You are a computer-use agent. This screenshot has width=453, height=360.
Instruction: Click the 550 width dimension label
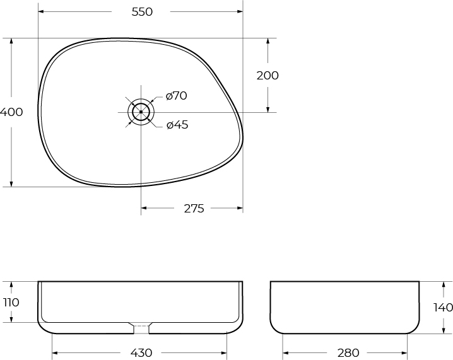pos(142,12)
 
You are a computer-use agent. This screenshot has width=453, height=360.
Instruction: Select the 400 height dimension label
pos(11,112)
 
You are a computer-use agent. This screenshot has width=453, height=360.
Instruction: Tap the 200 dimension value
pos(268,76)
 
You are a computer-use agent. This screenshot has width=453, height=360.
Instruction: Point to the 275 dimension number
pos(194,209)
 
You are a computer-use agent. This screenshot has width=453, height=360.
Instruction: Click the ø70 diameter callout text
pos(176,96)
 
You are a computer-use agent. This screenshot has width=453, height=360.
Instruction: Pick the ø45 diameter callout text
pos(177,125)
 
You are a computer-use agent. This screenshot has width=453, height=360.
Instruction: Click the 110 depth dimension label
pos(11,303)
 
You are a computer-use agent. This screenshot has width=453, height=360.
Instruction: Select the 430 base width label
pos(141,353)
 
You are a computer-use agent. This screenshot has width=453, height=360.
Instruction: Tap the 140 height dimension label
pos(443,308)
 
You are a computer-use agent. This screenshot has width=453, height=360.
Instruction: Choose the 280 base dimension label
pos(348,353)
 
